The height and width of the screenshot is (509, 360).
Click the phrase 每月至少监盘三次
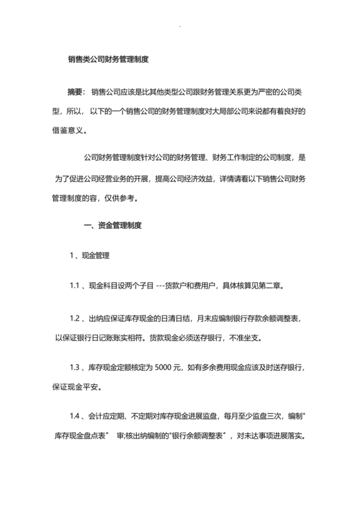pyautogui.click(x=247, y=417)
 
